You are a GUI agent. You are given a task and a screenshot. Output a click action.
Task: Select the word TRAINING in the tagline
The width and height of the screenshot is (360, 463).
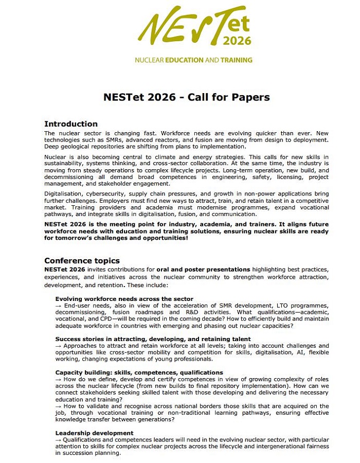236,60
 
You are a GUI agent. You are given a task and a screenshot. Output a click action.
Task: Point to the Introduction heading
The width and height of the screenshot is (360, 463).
71,124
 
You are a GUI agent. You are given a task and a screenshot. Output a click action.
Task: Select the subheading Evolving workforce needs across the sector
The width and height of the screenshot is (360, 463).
124,299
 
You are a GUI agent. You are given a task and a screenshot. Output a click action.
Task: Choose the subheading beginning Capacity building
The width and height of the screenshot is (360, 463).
139,372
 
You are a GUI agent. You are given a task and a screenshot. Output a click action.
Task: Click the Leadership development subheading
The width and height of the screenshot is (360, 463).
94,433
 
